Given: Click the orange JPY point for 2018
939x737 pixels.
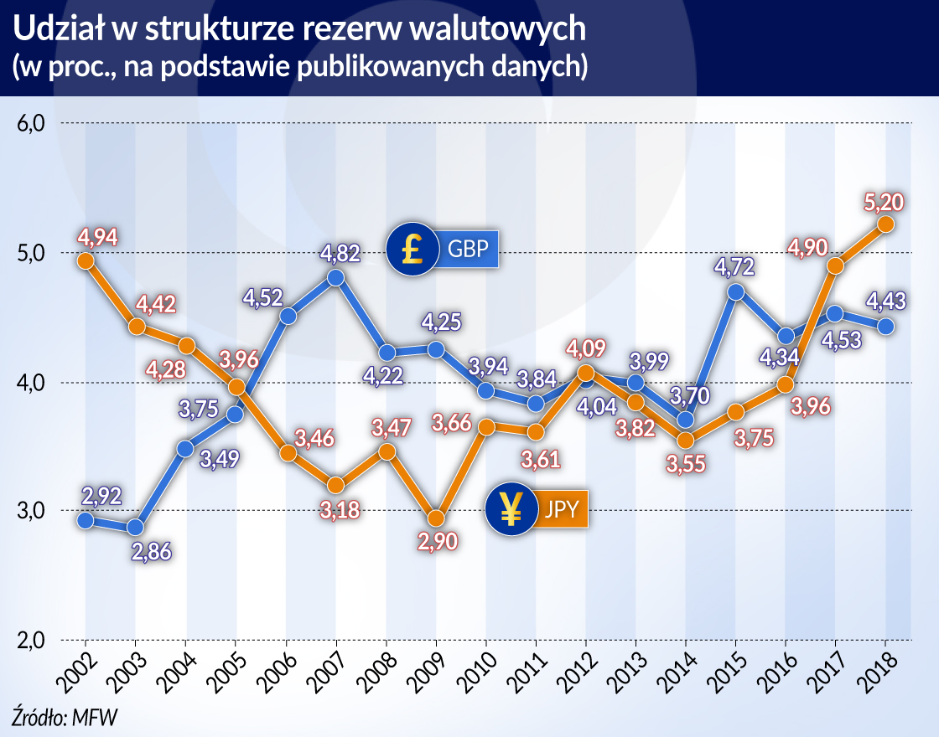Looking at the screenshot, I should coord(885,224).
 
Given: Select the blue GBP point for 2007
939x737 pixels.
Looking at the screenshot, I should coord(335,277).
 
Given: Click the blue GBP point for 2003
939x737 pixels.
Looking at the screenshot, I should coord(135,528).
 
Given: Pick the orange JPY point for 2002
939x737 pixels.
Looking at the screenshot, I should coord(86,260).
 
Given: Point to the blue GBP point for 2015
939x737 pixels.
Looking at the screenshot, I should coord(736,291).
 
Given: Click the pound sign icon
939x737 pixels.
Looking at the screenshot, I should coord(412,250).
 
